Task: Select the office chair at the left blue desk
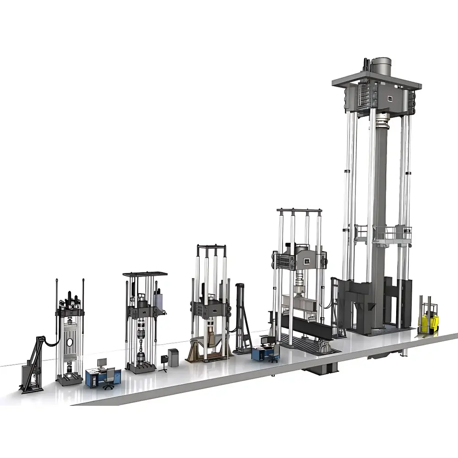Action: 109,380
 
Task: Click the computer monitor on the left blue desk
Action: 101,363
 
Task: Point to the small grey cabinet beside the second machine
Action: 173,358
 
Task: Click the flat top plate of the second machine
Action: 144,274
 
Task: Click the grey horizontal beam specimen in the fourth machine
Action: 300,303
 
